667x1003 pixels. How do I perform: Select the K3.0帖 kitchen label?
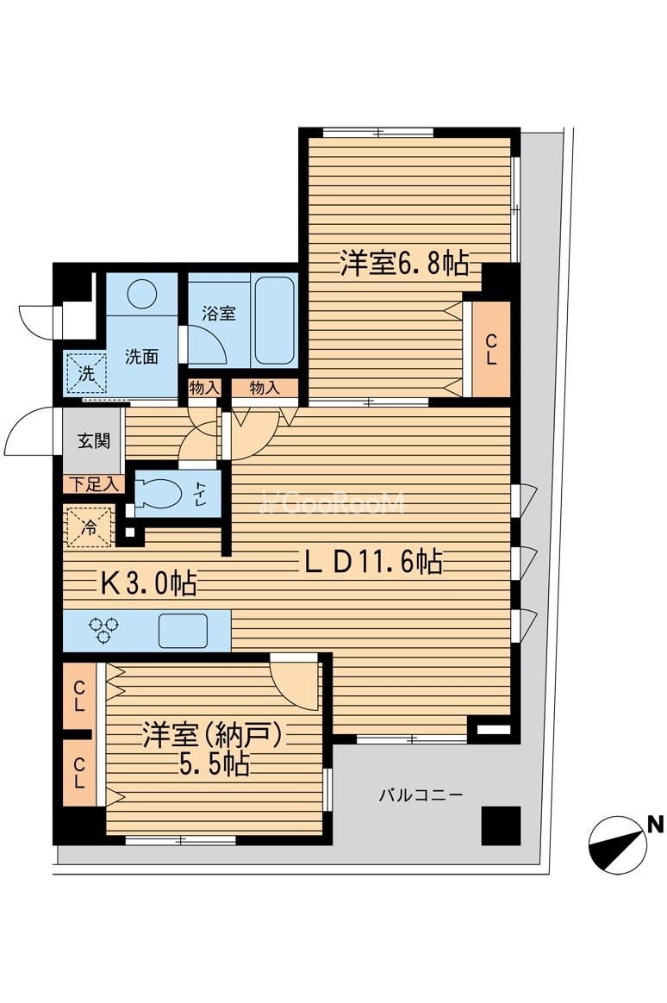[x=148, y=584]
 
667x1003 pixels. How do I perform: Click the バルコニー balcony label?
[x=421, y=794]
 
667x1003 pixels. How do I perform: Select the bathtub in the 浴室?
[x=274, y=320]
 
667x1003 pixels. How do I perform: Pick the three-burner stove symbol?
[x=104, y=631]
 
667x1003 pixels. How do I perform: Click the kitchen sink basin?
[x=183, y=630]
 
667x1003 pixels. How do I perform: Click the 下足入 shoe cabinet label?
[x=93, y=484]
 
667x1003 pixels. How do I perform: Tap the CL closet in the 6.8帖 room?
[x=490, y=349]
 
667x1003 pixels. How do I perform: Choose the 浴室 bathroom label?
[x=219, y=314]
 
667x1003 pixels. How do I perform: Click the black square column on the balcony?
[x=501, y=826]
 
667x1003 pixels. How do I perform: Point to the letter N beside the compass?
[x=655, y=825]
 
